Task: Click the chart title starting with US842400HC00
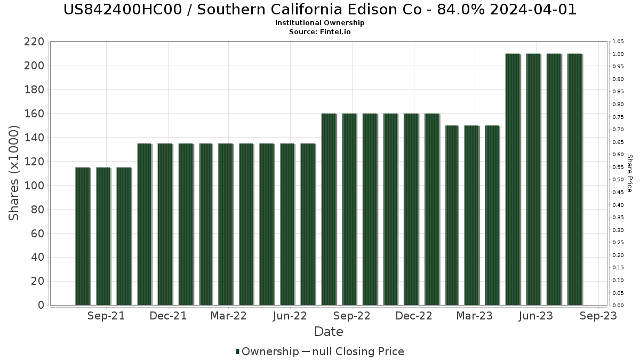click(320, 10)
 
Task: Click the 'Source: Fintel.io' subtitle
click(320, 31)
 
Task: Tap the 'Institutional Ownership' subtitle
click(320, 23)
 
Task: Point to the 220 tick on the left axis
click(34, 42)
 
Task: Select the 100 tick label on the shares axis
click(34, 186)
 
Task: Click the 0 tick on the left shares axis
click(41, 305)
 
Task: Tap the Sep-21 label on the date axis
click(107, 316)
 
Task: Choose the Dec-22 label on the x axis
click(414, 316)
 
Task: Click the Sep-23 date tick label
click(598, 316)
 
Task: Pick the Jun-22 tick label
click(290, 316)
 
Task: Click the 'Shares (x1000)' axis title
click(14, 173)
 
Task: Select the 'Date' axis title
click(329, 332)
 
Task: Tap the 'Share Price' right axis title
click(629, 173)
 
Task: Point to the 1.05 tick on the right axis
click(618, 42)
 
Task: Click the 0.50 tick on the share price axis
click(618, 180)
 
